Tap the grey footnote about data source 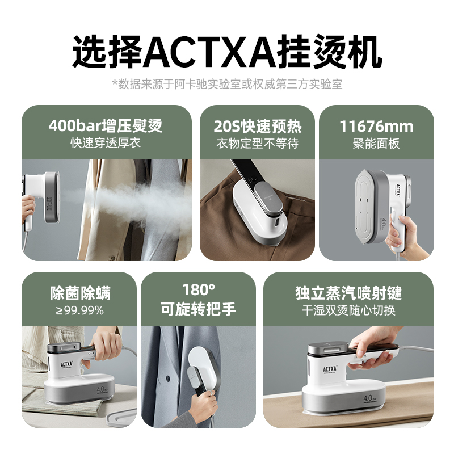(x=228, y=84)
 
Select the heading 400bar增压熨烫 (x=106, y=125)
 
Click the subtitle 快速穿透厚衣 (x=106, y=143)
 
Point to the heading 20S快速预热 (x=258, y=126)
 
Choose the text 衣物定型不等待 (x=258, y=144)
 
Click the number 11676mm (x=376, y=126)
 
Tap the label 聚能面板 (x=376, y=144)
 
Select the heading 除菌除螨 (x=80, y=293)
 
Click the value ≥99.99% (x=80, y=310)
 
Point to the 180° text (x=199, y=289)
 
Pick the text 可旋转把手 (x=199, y=309)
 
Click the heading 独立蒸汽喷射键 (x=348, y=293)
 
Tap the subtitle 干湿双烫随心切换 (x=348, y=310)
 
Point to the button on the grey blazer (x=167, y=377)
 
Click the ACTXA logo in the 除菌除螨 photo (x=66, y=364)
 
